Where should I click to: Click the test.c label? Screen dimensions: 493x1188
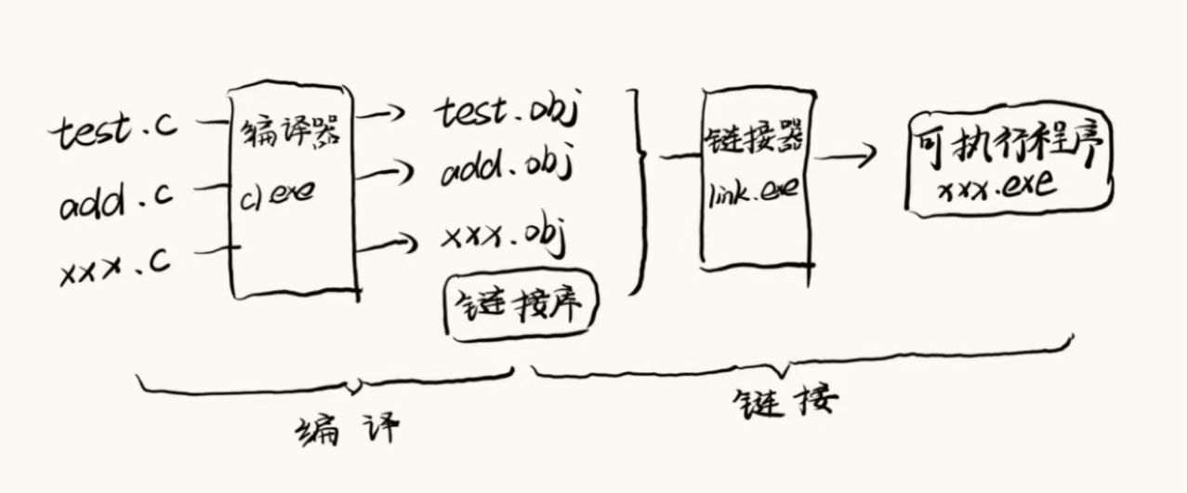coord(112,132)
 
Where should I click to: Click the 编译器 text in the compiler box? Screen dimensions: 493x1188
coord(290,137)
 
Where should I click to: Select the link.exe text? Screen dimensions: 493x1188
coord(754,196)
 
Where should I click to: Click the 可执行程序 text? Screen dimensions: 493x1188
coord(1008,145)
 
